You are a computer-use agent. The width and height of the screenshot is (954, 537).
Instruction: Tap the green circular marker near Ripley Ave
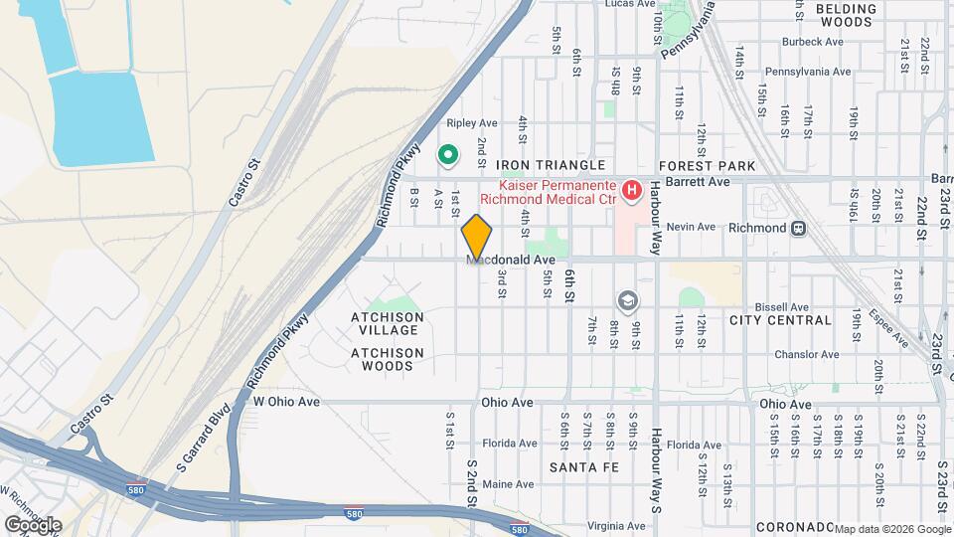(448, 154)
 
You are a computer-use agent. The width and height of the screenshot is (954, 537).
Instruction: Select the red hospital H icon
(630, 188)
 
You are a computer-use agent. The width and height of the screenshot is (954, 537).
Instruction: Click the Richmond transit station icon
(798, 227)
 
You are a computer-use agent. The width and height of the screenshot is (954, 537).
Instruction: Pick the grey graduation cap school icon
(627, 299)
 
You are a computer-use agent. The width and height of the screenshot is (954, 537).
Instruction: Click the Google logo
(33, 525)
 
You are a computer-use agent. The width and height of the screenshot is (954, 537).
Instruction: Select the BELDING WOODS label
(847, 15)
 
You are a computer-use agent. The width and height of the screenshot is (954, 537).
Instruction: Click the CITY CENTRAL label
(780, 320)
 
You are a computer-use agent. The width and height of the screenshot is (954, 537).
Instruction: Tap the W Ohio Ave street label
(286, 402)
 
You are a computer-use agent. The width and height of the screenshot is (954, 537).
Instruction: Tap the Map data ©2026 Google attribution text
(892, 528)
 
